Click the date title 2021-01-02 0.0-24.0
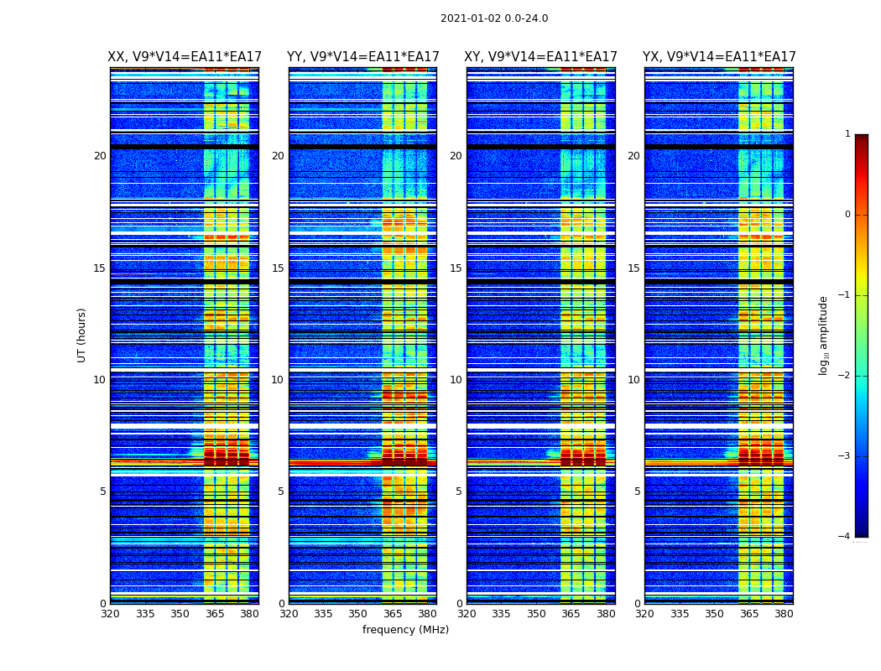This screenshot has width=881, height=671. [x=494, y=18]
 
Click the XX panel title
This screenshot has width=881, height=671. [x=185, y=57]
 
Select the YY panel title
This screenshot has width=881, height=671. [x=362, y=57]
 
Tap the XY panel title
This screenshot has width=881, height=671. [x=540, y=57]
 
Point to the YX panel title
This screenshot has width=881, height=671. [x=719, y=57]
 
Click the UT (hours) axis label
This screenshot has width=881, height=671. [x=81, y=335]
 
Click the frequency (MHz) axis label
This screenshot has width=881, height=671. [x=405, y=630]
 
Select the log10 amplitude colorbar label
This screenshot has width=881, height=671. [x=824, y=335]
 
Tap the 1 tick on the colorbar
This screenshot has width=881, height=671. [x=847, y=134]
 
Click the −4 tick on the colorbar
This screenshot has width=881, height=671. [x=845, y=537]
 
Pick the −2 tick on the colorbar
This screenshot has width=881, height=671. [x=845, y=376]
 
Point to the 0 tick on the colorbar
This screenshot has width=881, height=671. [x=847, y=215]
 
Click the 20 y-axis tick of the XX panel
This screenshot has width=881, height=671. [x=100, y=156]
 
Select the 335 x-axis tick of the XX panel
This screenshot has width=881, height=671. [x=145, y=614]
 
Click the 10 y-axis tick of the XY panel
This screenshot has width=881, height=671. [x=456, y=380]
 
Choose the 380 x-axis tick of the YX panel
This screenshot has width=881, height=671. [x=784, y=614]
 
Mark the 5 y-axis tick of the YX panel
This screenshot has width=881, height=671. [x=637, y=492]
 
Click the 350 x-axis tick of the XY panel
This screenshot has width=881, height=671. [x=536, y=614]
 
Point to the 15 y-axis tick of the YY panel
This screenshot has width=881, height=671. [x=278, y=268]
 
